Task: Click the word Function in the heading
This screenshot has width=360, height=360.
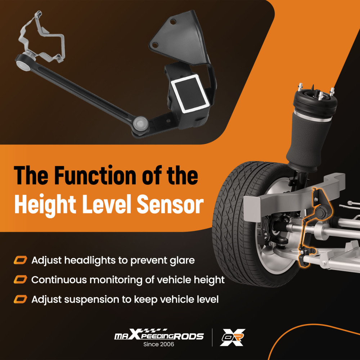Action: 96,175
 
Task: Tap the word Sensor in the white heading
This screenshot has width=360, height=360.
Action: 170,204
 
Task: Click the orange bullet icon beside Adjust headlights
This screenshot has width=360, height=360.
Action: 20,260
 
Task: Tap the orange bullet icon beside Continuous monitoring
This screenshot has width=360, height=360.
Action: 20,280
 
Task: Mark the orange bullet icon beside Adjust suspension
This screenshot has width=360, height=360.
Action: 20,300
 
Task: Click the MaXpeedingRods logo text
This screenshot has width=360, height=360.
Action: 159,335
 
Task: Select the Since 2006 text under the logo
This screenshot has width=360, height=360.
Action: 159,344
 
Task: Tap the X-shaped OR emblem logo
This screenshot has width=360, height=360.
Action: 233,337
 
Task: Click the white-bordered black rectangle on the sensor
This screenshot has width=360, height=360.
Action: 189,94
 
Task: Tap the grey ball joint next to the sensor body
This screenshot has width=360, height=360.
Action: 140,123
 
